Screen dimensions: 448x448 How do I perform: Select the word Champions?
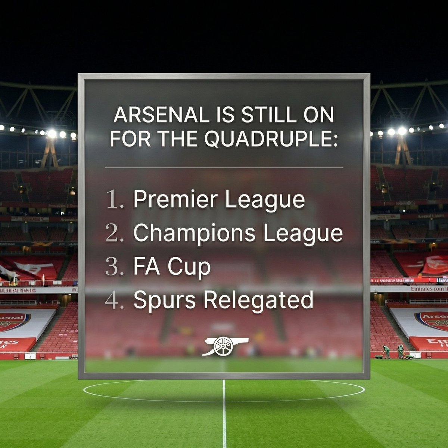click(195, 234)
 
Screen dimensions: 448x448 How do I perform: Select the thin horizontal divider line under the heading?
click(224, 167)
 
